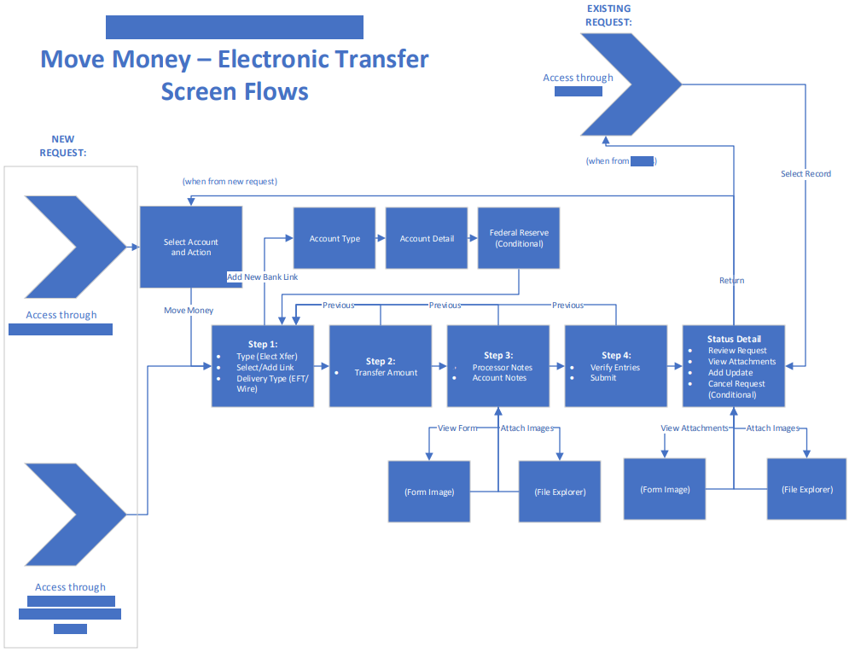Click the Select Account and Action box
click(190, 247)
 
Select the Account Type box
click(334, 239)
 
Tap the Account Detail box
click(427, 239)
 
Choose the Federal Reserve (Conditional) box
click(519, 238)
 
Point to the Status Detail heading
click(734, 339)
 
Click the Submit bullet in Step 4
click(603, 378)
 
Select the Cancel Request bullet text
click(736, 384)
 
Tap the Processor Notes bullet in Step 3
click(503, 367)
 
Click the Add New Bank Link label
click(262, 277)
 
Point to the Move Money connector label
click(189, 310)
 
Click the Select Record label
click(806, 174)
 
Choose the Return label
click(731, 280)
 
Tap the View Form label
click(457, 428)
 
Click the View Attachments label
click(695, 428)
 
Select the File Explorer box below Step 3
click(560, 492)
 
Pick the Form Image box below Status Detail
click(665, 489)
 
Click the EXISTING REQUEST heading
click(608, 15)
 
